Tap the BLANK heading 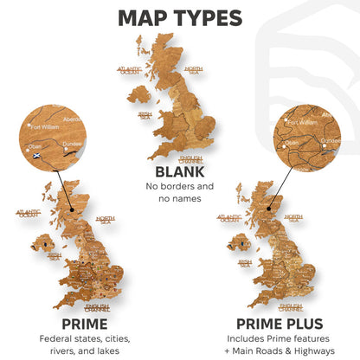(x=180, y=172)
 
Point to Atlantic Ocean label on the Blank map (x=128, y=70)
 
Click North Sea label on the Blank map (x=194, y=70)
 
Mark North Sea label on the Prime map (x=105, y=220)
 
